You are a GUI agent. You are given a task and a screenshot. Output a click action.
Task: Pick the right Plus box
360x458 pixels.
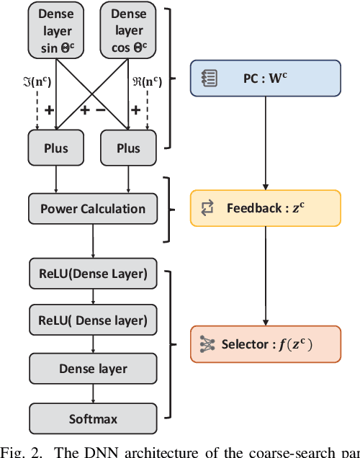(128, 148)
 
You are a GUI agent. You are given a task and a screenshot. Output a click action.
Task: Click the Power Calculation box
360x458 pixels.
(92, 209)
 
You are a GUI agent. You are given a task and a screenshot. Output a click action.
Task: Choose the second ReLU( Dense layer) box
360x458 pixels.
(92, 320)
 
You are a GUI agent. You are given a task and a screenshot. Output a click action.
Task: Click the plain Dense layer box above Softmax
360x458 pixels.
(92, 369)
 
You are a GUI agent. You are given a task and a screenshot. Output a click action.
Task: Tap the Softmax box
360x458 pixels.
(92, 418)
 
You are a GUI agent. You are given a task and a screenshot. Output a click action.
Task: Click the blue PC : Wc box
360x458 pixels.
(264, 78)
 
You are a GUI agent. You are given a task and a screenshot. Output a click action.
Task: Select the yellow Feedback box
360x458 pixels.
(264, 208)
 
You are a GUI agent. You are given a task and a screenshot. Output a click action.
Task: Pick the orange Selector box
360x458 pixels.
(264, 343)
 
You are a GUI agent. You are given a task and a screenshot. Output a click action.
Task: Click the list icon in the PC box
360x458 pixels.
(207, 78)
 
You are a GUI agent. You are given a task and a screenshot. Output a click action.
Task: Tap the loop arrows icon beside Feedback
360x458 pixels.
(208, 208)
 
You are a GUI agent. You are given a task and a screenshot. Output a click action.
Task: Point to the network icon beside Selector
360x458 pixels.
(208, 343)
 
